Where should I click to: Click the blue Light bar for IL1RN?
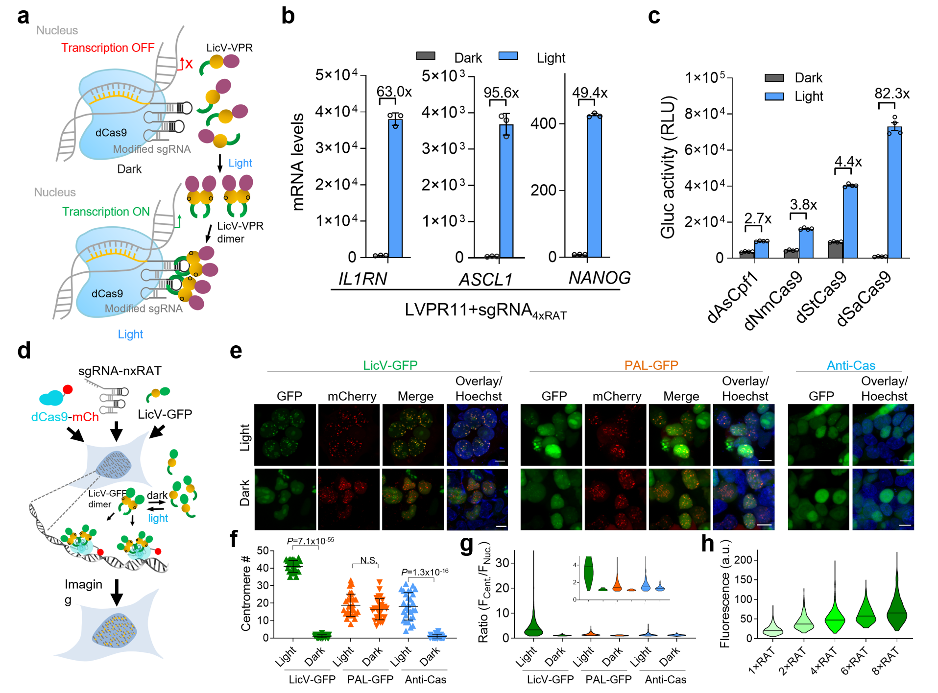pos(395,189)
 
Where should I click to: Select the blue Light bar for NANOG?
pos(594,186)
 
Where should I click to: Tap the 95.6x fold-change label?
pos(501,93)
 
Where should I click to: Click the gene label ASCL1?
pos(485,280)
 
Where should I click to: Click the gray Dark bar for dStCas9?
pos(835,250)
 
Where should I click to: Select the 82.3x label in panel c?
pos(892,94)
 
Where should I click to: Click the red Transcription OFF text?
pos(108,48)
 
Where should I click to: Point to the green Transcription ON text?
pos(106,212)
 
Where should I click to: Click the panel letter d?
pos(24,351)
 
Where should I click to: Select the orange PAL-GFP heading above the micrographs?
pos(651,365)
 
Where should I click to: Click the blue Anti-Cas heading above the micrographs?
pos(851,365)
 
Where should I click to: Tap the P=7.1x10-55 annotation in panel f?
pos(310,541)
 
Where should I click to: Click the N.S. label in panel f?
pos(368,560)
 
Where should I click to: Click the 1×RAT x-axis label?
pos(762,660)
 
